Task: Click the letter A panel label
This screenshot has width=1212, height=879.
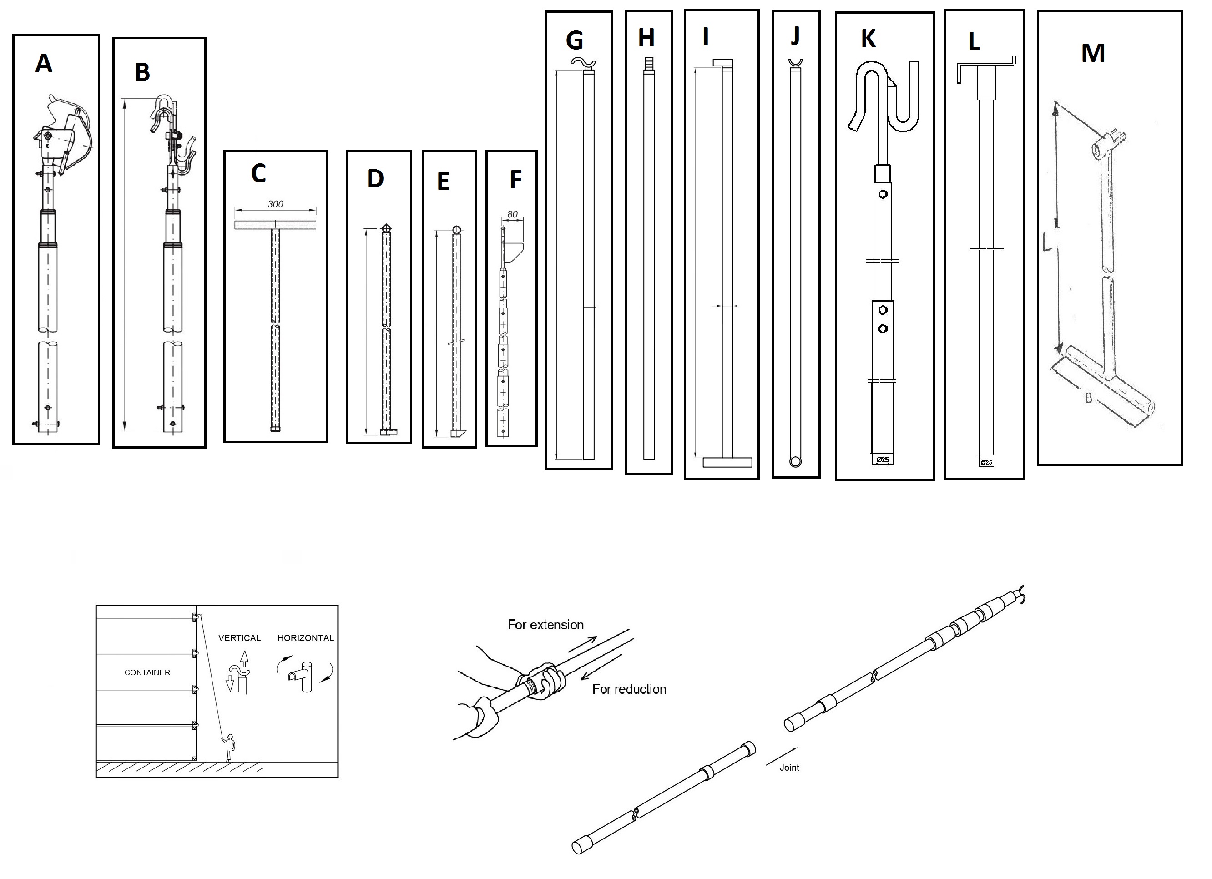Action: pyautogui.click(x=44, y=64)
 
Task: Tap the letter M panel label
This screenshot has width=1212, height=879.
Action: pyautogui.click(x=1093, y=53)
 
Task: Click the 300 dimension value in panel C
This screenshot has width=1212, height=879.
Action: pyautogui.click(x=275, y=204)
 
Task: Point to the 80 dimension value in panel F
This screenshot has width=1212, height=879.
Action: pyautogui.click(x=512, y=215)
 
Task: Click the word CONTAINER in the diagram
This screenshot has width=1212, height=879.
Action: pyautogui.click(x=147, y=672)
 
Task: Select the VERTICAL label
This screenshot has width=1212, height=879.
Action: pyautogui.click(x=239, y=638)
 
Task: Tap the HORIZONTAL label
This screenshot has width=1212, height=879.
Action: pyautogui.click(x=305, y=638)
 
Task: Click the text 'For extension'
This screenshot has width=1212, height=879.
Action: pyautogui.click(x=545, y=625)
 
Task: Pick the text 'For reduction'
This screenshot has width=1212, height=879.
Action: pyautogui.click(x=629, y=689)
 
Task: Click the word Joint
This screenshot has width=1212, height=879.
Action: pyautogui.click(x=789, y=768)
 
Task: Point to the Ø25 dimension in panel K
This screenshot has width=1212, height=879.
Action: pyautogui.click(x=882, y=460)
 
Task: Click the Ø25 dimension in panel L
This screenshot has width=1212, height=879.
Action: pyautogui.click(x=986, y=462)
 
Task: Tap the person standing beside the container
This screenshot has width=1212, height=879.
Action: pyautogui.click(x=229, y=748)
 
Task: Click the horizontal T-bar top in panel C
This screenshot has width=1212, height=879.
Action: pyautogui.click(x=275, y=225)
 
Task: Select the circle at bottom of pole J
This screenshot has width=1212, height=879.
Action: pyautogui.click(x=795, y=462)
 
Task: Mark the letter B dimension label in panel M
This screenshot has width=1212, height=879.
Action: pyautogui.click(x=1088, y=398)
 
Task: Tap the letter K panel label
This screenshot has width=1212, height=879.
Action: pyautogui.click(x=869, y=39)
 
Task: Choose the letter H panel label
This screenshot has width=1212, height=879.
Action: pyautogui.click(x=646, y=38)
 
